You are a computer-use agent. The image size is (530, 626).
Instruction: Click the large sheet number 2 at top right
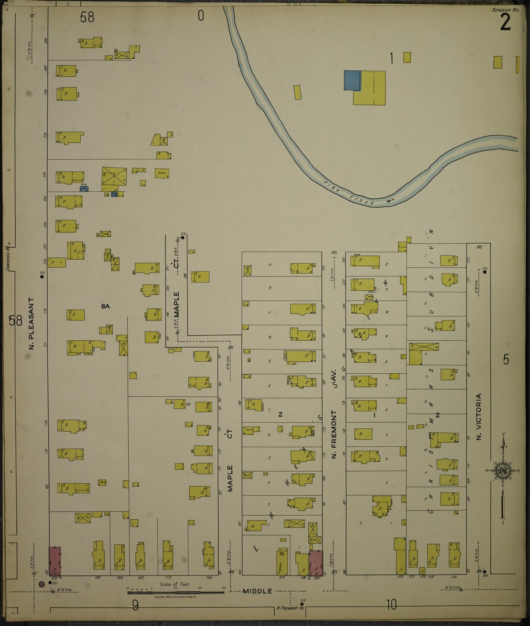click(x=505, y=23)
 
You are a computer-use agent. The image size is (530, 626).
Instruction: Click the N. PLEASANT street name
click(x=32, y=323)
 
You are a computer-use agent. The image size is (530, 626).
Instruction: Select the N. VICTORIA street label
click(x=478, y=417)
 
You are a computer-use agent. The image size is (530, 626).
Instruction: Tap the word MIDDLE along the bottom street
click(x=257, y=591)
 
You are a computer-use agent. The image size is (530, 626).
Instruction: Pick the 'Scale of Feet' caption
click(x=175, y=584)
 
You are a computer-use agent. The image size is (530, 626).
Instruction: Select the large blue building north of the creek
click(x=352, y=80)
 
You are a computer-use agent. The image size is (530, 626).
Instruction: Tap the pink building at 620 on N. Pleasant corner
click(x=55, y=561)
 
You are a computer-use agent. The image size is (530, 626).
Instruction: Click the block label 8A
click(x=105, y=306)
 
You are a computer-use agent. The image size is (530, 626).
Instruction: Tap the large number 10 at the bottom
click(x=391, y=605)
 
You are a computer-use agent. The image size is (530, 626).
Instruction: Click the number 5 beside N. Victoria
click(x=506, y=360)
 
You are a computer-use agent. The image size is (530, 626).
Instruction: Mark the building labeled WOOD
click(x=162, y=173)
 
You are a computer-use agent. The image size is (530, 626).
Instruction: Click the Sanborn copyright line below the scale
click(x=175, y=597)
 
